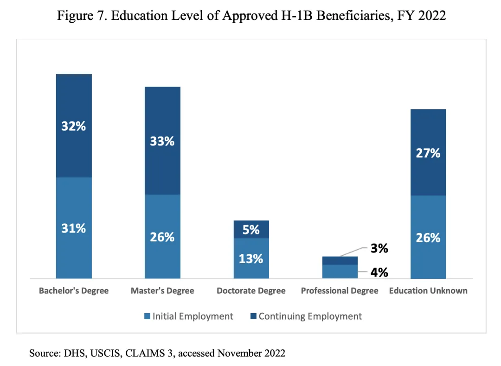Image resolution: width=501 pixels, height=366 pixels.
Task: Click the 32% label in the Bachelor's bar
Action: (74, 126)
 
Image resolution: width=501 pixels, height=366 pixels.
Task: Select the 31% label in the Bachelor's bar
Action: (74, 228)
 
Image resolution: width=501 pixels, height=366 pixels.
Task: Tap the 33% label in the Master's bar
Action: (162, 141)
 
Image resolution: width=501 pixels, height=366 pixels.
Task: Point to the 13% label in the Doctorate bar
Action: (251, 259)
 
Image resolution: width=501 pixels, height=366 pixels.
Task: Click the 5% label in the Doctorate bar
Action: (251, 229)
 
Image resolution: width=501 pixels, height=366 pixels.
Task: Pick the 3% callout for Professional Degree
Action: (379, 249)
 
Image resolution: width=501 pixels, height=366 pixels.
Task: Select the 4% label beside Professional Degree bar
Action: (379, 272)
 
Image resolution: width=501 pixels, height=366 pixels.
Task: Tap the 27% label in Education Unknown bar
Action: (428, 153)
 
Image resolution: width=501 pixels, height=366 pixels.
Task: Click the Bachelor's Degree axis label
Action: (74, 291)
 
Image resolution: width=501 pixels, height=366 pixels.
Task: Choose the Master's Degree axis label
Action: (162, 291)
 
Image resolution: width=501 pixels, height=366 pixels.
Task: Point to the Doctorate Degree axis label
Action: (251, 291)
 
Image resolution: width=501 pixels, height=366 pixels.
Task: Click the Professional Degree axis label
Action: (340, 291)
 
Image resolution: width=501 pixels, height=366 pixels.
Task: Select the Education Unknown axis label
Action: (428, 291)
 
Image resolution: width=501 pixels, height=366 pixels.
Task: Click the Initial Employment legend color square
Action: (148, 316)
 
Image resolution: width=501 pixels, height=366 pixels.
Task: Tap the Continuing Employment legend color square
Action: (253, 316)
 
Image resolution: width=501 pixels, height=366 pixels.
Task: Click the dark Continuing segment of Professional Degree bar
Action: (340, 260)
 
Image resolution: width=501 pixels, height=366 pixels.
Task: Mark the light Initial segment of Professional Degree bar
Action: (340, 271)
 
